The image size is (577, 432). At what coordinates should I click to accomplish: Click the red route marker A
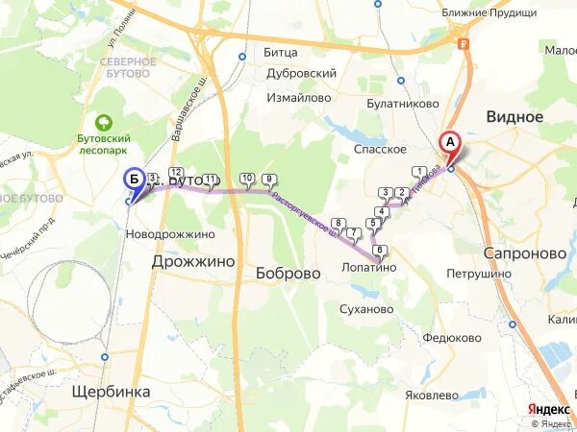(x=450, y=144)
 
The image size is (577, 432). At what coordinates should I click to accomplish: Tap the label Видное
(x=514, y=117)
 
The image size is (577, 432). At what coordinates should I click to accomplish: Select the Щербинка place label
(x=112, y=392)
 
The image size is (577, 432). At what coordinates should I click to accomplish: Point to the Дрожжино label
(x=193, y=261)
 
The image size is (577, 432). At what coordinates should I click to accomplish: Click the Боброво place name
(x=288, y=273)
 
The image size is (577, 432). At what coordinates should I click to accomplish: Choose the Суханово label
(x=367, y=309)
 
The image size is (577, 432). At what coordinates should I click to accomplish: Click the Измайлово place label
(x=299, y=98)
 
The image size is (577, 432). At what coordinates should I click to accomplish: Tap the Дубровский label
(x=300, y=73)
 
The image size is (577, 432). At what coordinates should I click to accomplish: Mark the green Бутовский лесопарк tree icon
(x=104, y=123)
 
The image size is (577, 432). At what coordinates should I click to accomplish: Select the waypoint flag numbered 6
(x=381, y=252)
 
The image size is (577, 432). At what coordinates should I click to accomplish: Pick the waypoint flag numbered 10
(x=247, y=179)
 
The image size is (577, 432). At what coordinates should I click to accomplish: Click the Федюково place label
(x=451, y=338)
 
